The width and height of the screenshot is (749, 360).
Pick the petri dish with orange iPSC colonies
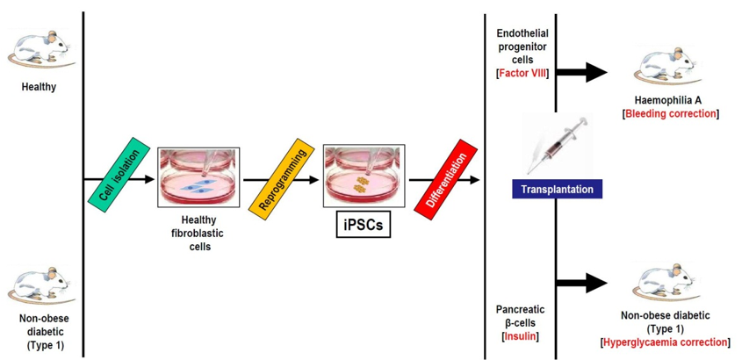(364, 176)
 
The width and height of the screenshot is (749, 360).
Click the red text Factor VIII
(522, 72)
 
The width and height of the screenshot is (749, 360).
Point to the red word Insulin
(522, 336)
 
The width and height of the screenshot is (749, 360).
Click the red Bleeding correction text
(669, 114)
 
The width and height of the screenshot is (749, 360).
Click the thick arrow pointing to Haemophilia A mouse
(583, 73)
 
